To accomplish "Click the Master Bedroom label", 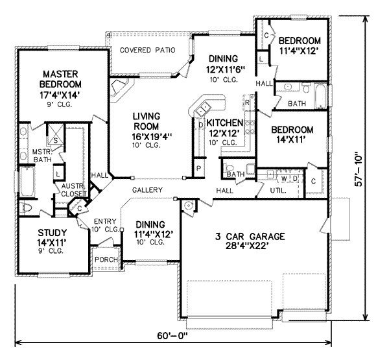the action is tap(60, 79).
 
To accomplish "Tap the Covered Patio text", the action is tap(147, 50).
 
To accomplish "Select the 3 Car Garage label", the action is tap(250, 236).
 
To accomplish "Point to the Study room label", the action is tap(52, 233).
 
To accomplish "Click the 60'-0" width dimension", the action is tap(172, 336).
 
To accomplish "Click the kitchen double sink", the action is tap(203, 109).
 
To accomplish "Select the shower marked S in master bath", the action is tap(55, 134).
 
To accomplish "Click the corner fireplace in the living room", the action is tap(119, 90).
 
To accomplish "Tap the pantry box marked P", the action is tap(198, 169).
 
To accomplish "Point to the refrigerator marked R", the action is tap(247, 102).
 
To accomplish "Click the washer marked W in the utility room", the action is tap(285, 178).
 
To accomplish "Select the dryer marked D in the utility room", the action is tap(295, 178).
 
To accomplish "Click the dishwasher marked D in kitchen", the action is tap(201, 125).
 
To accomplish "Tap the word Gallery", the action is tap(147, 190).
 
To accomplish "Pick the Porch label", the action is tap(106, 259).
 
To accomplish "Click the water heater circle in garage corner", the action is tap(189, 206).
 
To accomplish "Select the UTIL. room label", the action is tap(278, 191).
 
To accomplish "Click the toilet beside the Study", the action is tap(26, 208).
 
